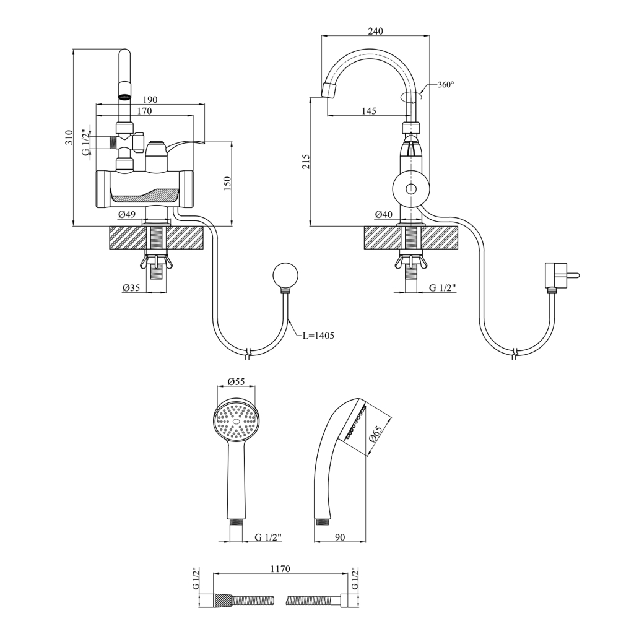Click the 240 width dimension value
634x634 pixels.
point(375,31)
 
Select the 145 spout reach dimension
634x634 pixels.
point(368,111)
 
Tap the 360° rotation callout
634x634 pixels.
point(446,85)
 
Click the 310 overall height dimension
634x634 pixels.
point(69,137)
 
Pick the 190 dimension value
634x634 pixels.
point(150,100)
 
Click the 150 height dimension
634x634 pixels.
point(227,183)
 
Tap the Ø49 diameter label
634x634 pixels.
point(127,214)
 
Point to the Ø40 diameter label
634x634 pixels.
point(384,214)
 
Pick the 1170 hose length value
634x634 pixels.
point(280,568)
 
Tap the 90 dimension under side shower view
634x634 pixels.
point(339,537)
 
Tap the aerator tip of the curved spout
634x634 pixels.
point(329,91)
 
